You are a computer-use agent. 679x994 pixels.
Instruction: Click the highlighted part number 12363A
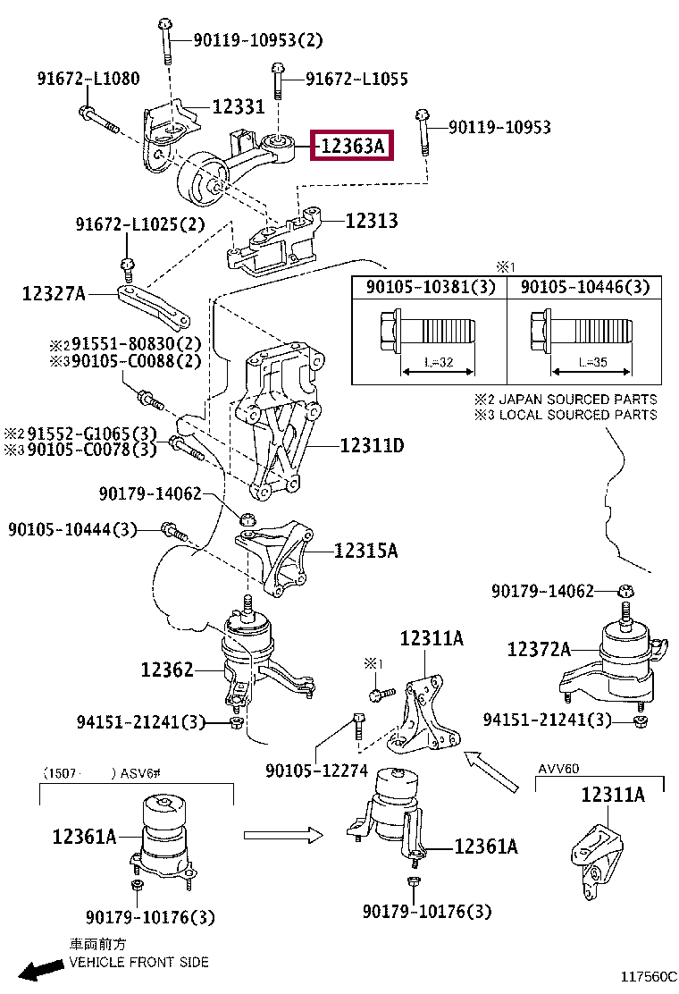[x=351, y=146]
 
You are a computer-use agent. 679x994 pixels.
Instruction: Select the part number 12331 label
[x=239, y=105]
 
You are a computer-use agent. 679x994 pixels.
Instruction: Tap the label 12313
[x=371, y=221]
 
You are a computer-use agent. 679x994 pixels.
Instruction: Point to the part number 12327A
[x=54, y=293]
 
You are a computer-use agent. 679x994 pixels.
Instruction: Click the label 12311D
[x=372, y=446]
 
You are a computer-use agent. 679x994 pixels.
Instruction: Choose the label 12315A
[x=365, y=551]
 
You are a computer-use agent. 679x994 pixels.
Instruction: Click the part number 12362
[x=167, y=670]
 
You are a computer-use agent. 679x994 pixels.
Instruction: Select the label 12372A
[x=539, y=649]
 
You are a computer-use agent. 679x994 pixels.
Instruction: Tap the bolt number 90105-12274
[x=316, y=771]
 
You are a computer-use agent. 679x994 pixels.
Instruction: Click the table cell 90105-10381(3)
[x=431, y=287]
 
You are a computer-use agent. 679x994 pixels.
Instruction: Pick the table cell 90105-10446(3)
[x=585, y=287]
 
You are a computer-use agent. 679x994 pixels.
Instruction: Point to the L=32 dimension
[x=439, y=363]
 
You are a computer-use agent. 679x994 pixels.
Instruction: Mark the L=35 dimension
[x=592, y=363]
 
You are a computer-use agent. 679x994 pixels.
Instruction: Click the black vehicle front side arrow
[x=41, y=969]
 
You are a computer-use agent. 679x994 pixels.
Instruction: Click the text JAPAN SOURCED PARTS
[x=578, y=400]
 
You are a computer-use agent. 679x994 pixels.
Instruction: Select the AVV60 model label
[x=558, y=769]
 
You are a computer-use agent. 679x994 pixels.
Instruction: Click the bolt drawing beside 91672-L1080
[x=99, y=120]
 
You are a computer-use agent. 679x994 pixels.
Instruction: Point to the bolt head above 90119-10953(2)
[x=164, y=24]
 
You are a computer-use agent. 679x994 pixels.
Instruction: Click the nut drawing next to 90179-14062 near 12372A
[x=625, y=592]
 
